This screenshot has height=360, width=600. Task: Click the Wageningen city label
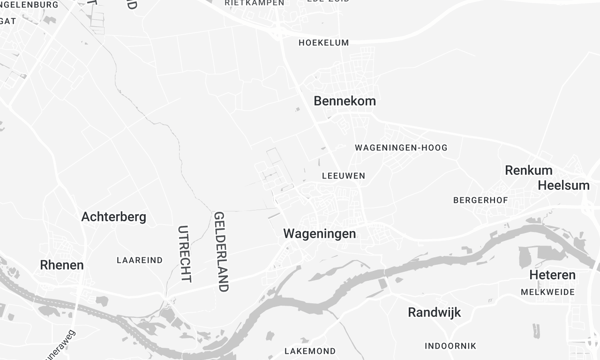point(320,233)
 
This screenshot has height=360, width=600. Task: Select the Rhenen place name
point(61,265)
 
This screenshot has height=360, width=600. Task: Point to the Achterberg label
point(114,216)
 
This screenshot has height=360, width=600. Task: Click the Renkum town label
point(529,170)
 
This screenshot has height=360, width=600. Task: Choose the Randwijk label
point(437,313)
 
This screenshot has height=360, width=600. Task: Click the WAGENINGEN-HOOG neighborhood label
point(401,148)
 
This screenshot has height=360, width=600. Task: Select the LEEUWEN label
point(344,175)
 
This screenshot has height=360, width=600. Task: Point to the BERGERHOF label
point(482,200)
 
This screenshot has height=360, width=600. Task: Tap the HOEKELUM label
point(323,43)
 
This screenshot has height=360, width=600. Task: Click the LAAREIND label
point(139,260)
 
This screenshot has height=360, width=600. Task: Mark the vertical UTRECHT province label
point(184,252)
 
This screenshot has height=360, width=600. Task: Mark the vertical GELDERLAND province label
point(221,251)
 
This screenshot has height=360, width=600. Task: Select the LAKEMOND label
point(310,351)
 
